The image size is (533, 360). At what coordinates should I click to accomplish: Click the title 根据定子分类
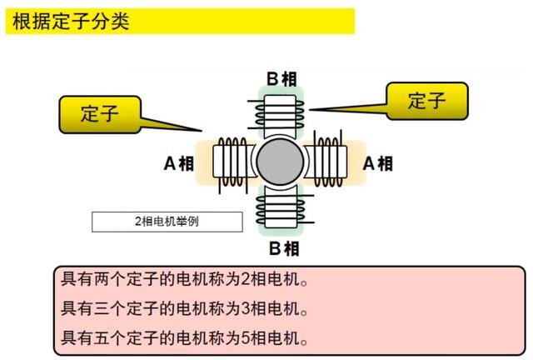tap(71, 21)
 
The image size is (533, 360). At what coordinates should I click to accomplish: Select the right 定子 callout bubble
tap(426, 101)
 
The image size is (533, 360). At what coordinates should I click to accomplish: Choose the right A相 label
tap(378, 163)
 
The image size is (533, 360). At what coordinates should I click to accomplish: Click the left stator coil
tap(229, 162)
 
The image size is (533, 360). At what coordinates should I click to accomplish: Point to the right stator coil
tap(332, 162)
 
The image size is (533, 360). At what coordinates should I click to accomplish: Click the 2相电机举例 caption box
tap(167, 222)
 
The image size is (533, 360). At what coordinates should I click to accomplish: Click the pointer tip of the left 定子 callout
tap(202, 131)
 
